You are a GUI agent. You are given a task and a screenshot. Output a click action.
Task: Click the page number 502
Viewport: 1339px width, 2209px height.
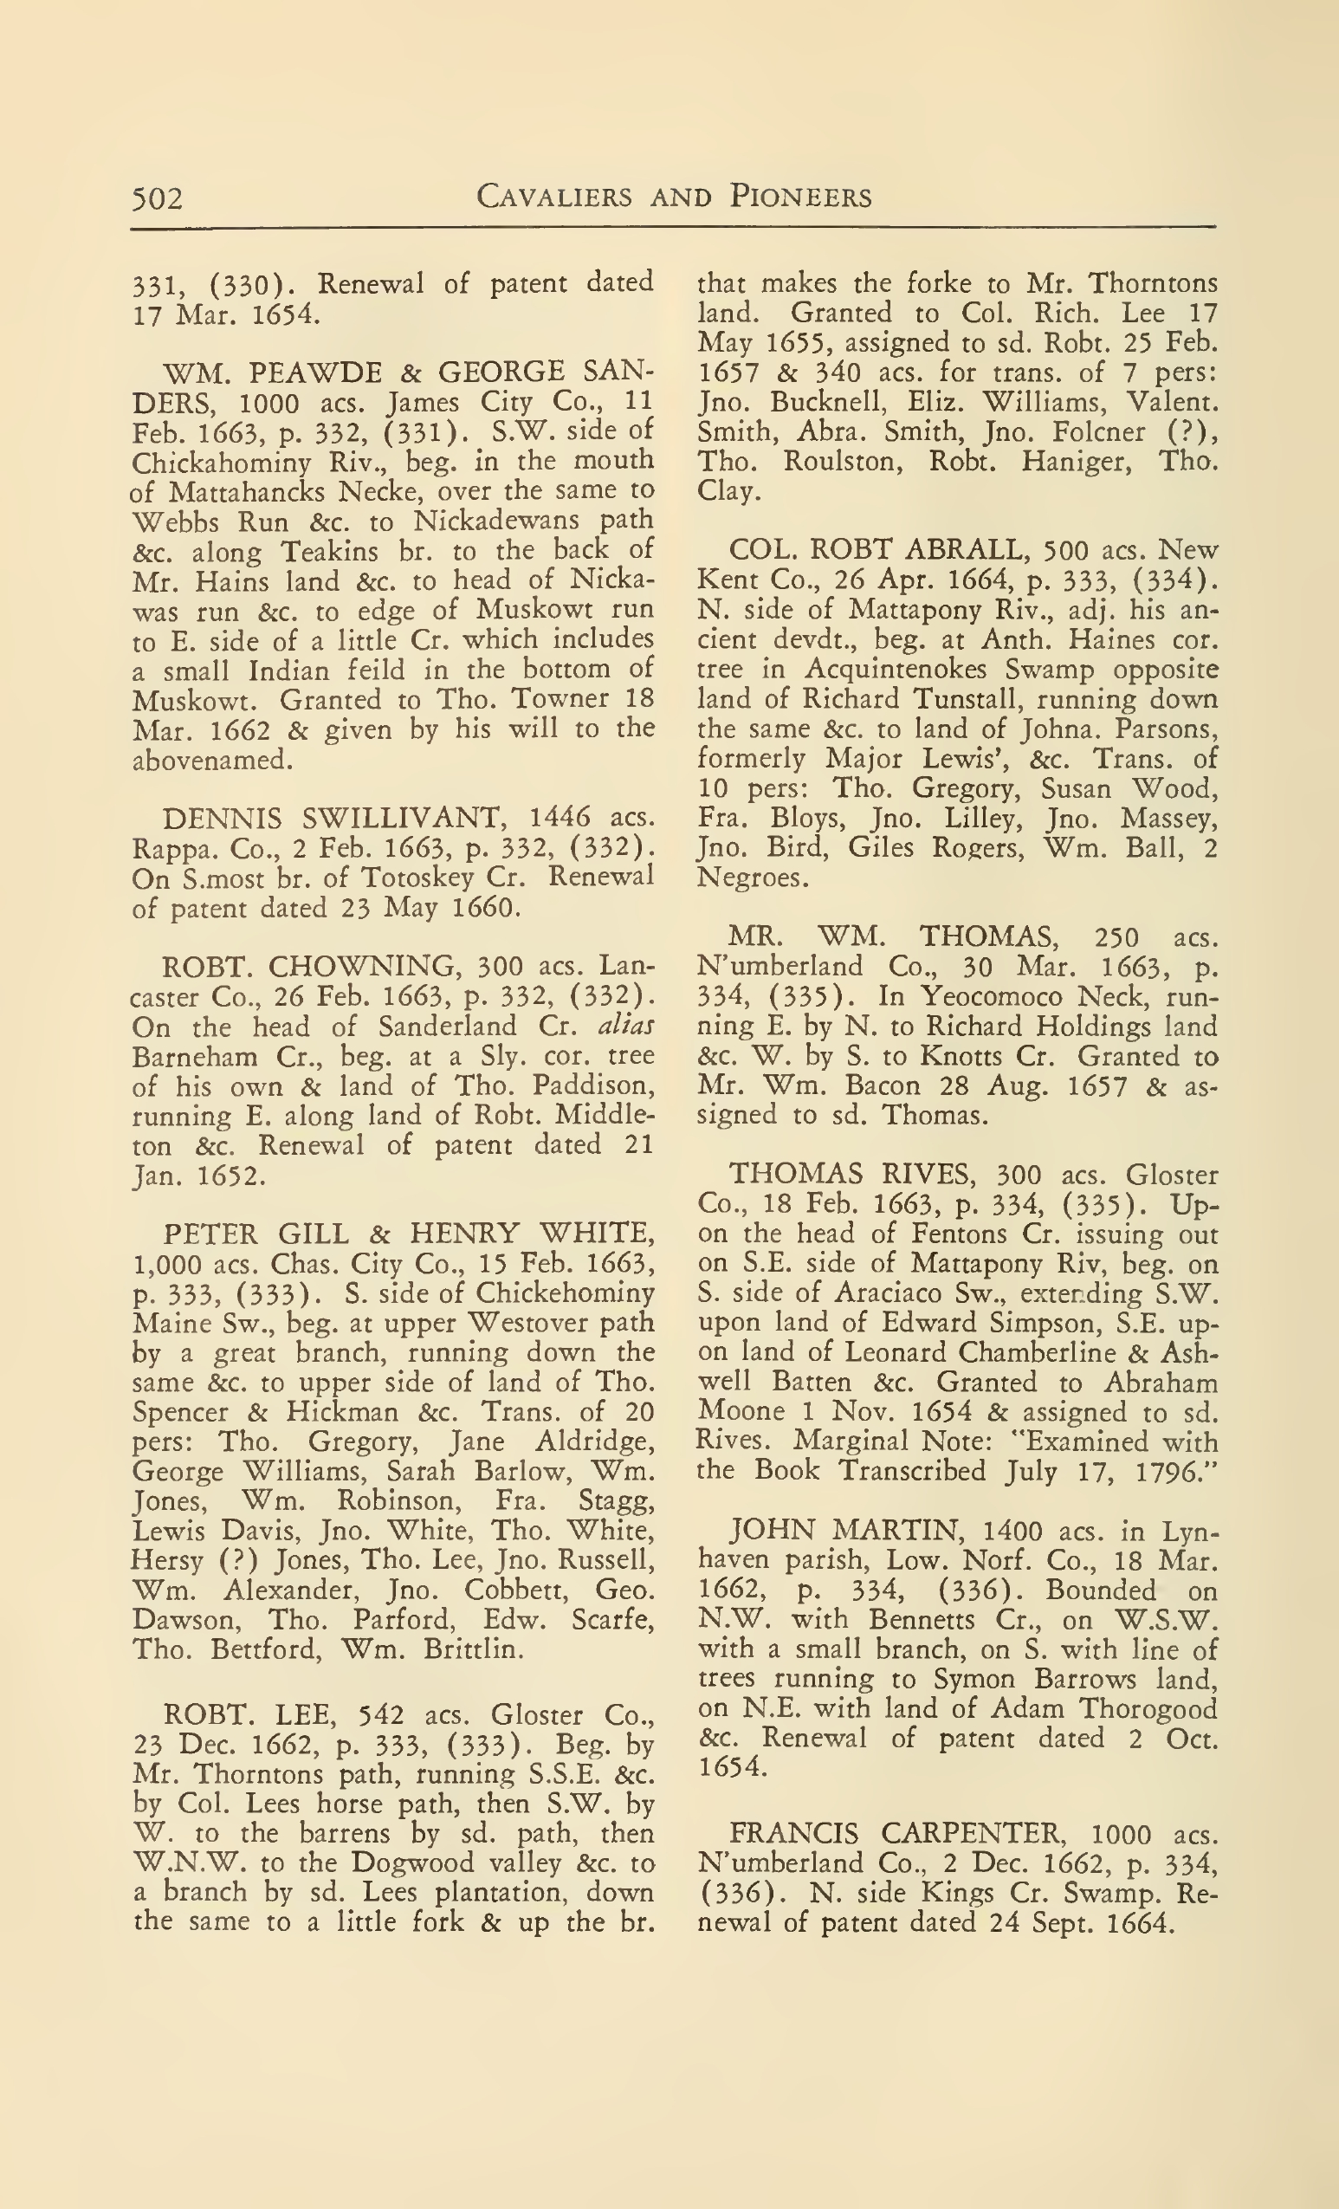(x=157, y=198)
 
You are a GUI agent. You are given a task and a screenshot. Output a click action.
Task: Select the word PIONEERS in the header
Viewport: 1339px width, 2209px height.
(x=801, y=197)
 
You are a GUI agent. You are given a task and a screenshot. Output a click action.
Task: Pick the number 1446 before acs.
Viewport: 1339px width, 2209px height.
(x=560, y=818)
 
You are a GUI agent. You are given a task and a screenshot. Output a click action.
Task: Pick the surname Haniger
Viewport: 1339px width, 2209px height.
(x=1074, y=462)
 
